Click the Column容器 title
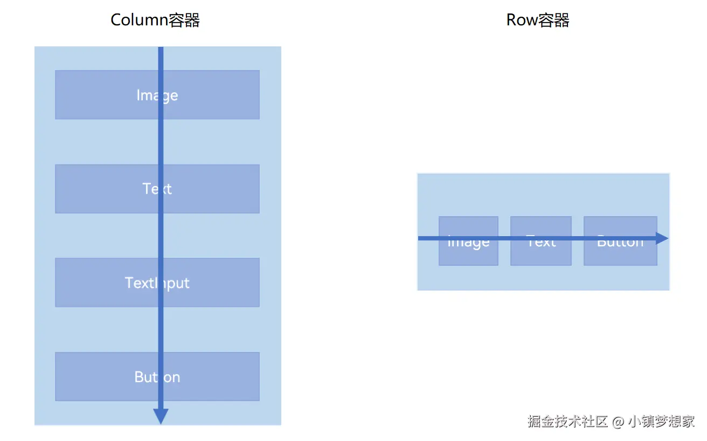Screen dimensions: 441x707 (x=155, y=20)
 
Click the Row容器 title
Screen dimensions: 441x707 (x=538, y=20)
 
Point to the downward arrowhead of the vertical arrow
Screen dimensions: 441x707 (x=161, y=416)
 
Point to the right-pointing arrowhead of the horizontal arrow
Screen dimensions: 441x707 (x=662, y=238)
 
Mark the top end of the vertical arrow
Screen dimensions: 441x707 (x=161, y=49)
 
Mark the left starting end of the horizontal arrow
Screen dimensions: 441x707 (x=420, y=238)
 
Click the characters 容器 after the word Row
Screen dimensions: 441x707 (x=554, y=20)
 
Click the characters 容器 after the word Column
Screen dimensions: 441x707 (x=184, y=20)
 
